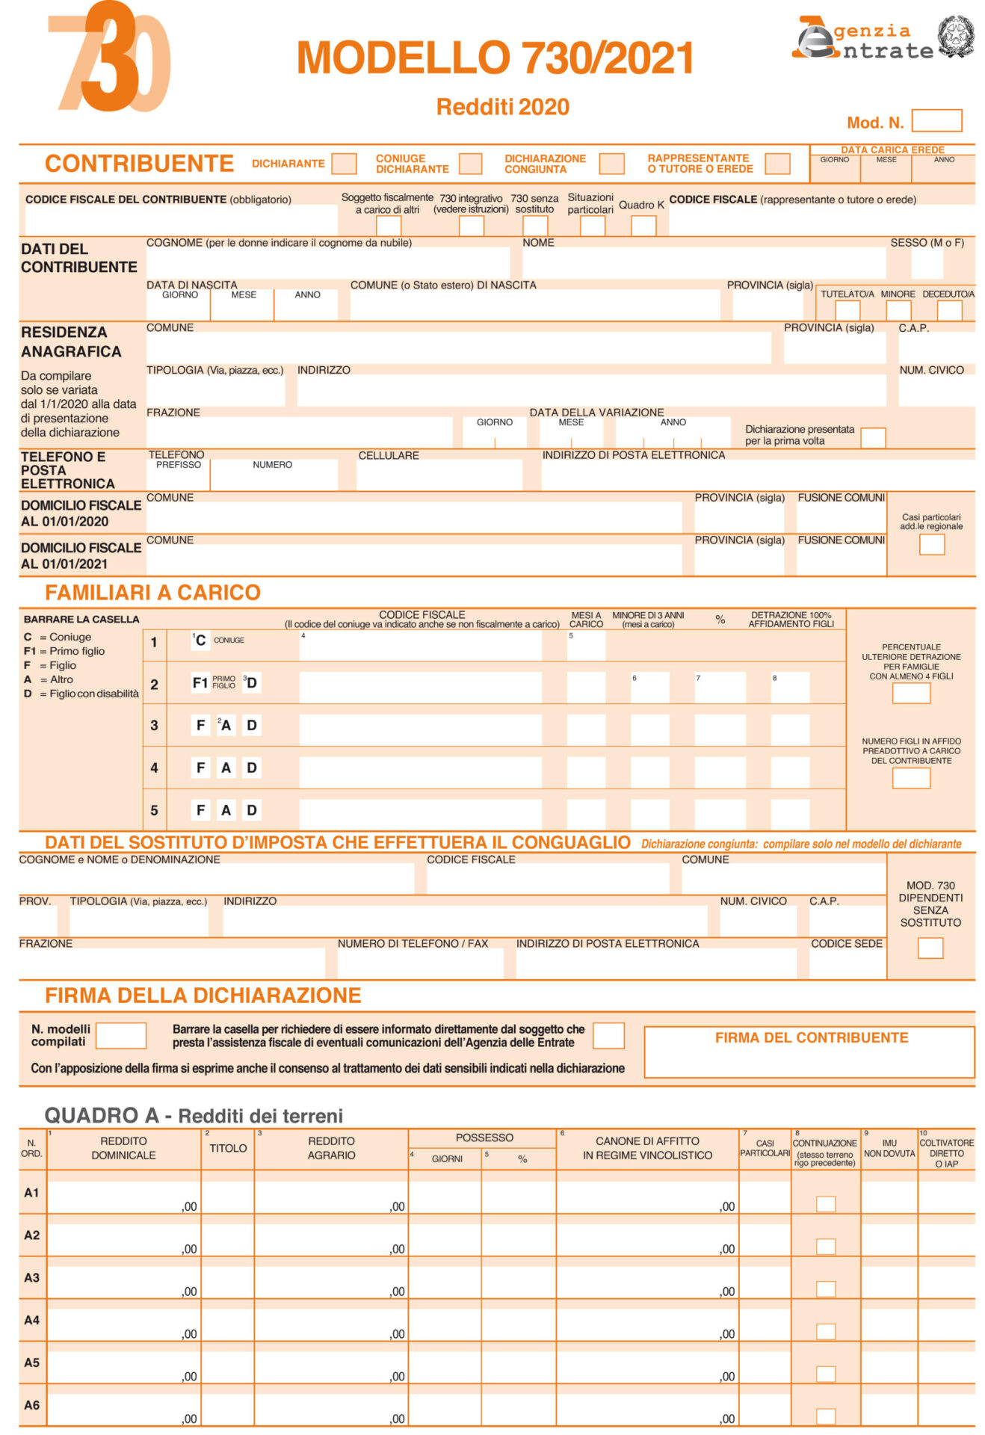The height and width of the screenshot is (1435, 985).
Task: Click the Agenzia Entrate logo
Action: pyautogui.click(x=882, y=39)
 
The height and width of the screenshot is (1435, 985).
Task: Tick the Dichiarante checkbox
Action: pyautogui.click(x=343, y=164)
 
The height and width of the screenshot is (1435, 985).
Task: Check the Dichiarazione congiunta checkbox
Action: pyautogui.click(x=611, y=164)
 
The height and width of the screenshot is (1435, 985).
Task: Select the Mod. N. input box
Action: pyautogui.click(x=936, y=120)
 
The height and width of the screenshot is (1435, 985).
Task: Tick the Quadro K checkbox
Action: pyautogui.click(x=643, y=225)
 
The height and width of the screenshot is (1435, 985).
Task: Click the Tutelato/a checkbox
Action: pyautogui.click(x=847, y=309)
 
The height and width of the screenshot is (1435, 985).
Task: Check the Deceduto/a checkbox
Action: pyautogui.click(x=948, y=309)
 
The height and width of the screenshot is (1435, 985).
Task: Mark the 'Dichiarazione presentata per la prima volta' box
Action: pyautogui.click(x=872, y=437)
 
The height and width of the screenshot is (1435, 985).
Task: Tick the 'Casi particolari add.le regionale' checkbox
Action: pyautogui.click(x=930, y=544)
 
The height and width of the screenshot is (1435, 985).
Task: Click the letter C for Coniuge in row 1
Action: pyautogui.click(x=200, y=641)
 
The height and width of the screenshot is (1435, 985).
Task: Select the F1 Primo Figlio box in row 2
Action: pyautogui.click(x=200, y=683)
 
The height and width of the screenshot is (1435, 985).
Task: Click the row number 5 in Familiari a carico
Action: pyautogui.click(x=154, y=810)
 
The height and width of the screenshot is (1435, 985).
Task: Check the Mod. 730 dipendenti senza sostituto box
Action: pyautogui.click(x=930, y=948)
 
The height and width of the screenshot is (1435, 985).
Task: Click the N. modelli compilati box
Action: pyautogui.click(x=121, y=1035)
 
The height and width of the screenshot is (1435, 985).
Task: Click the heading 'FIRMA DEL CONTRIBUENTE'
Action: pyautogui.click(x=811, y=1037)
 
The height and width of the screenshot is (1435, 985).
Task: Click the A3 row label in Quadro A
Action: pyautogui.click(x=31, y=1277)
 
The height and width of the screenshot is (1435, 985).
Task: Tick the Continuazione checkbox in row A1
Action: pyautogui.click(x=825, y=1204)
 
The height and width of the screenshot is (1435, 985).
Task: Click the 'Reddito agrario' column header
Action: pyautogui.click(x=331, y=1148)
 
